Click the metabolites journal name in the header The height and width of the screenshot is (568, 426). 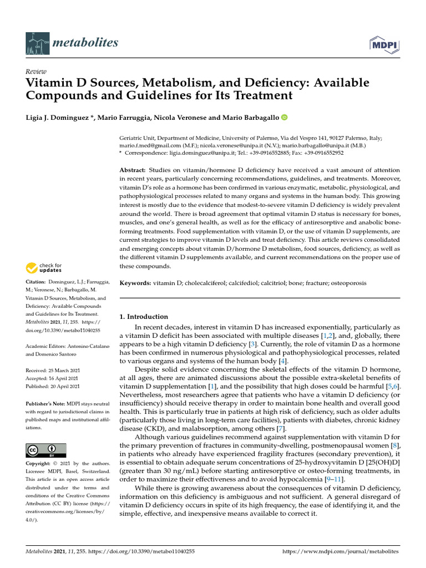tap(83, 43)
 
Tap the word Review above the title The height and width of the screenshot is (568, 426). tap(36, 72)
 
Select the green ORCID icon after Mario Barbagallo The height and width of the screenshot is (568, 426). tap(285, 117)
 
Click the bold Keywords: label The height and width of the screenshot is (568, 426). tap(136, 283)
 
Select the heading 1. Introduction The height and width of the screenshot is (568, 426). tap(144, 317)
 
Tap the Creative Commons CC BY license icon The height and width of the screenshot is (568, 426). tap(46, 450)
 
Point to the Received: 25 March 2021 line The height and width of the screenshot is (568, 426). tap(53, 370)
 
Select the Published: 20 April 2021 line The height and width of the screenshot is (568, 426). tap(53, 386)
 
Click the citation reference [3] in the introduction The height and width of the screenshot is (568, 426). tap(252, 344)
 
